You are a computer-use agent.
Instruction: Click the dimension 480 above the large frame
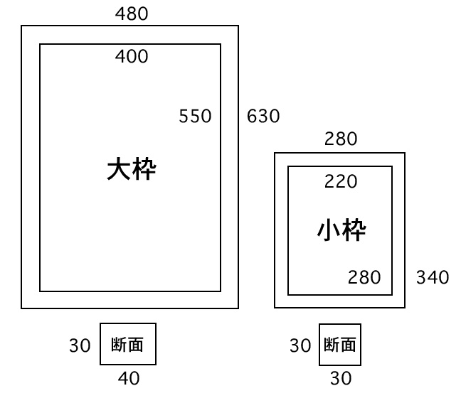click(132, 14)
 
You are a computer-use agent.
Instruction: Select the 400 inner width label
click(132, 57)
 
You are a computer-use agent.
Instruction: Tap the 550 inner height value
click(195, 117)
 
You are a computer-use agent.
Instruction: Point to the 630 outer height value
click(263, 116)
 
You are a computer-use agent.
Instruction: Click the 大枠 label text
click(131, 169)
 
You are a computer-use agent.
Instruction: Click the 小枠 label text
click(341, 230)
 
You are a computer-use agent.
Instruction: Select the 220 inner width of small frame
click(341, 182)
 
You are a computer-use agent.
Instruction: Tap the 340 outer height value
click(433, 277)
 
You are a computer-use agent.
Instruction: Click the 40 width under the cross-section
click(128, 379)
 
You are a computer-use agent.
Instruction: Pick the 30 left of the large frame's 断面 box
click(80, 346)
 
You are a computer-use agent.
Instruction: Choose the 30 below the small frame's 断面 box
click(341, 379)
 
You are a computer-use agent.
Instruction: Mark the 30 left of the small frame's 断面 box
click(300, 346)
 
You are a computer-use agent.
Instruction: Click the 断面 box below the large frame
click(128, 345)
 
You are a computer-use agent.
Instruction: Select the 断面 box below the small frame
click(340, 345)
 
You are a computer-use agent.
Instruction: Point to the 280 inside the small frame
click(364, 277)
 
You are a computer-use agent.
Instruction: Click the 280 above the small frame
click(341, 139)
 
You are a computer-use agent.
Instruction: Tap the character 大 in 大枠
click(118, 169)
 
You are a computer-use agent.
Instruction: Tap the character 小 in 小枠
click(328, 230)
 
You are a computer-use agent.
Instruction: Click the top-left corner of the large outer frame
click(21, 26)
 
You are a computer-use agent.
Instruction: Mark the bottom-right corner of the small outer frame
click(405, 308)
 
